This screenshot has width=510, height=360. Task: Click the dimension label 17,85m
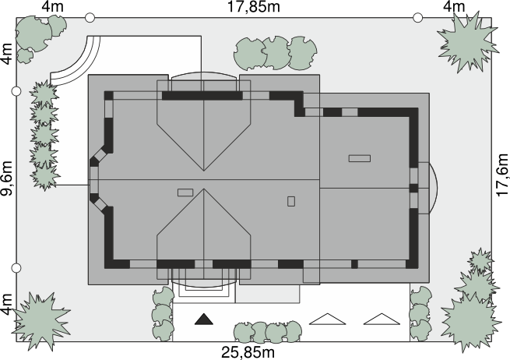click(x=253, y=7)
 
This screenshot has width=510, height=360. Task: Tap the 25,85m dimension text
click(x=248, y=352)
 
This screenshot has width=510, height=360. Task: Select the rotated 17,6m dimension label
click(x=502, y=175)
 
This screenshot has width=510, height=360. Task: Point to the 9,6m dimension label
click(x=7, y=178)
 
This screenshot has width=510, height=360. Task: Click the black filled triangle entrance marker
click(x=204, y=319)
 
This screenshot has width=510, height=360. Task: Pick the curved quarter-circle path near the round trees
click(x=79, y=65)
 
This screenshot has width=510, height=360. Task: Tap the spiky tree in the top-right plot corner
click(x=468, y=41)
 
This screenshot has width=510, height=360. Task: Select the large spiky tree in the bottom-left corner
click(x=40, y=320)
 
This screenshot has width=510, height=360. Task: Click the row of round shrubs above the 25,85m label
click(x=268, y=332)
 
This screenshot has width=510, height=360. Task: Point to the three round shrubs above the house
click(x=276, y=53)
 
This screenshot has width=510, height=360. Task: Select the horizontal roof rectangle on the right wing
click(x=360, y=158)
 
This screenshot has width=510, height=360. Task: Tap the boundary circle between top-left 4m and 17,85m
click(x=90, y=18)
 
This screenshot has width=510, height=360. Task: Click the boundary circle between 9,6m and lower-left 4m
click(x=16, y=268)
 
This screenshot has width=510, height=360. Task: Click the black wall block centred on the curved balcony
click(x=413, y=188)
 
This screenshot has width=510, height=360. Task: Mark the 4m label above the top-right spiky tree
click(x=455, y=6)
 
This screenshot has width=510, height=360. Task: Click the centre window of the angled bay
click(x=94, y=179)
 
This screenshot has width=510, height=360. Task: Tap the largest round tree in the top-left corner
click(x=33, y=34)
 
